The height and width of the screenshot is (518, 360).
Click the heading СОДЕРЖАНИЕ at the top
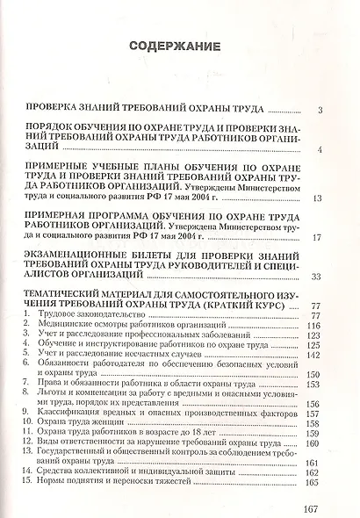coord(179,47)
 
